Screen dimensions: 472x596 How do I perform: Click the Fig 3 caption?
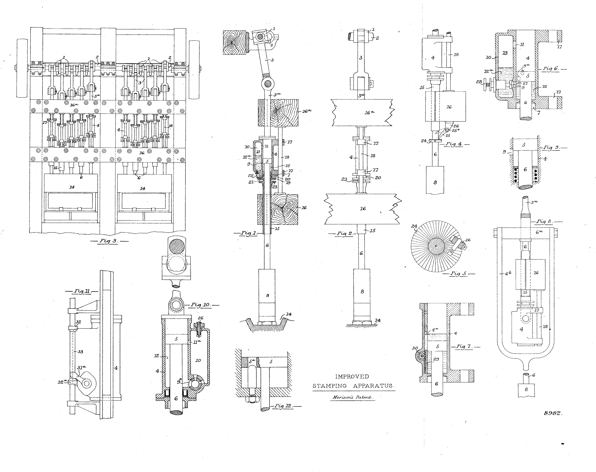point(109,241)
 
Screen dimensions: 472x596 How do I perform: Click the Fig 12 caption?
point(285,406)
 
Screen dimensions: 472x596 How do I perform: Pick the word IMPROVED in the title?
point(352,376)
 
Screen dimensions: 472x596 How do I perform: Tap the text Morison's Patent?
point(352,397)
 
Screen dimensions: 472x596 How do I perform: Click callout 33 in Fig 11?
point(80,352)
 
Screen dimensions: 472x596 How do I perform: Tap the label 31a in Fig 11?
point(81,367)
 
